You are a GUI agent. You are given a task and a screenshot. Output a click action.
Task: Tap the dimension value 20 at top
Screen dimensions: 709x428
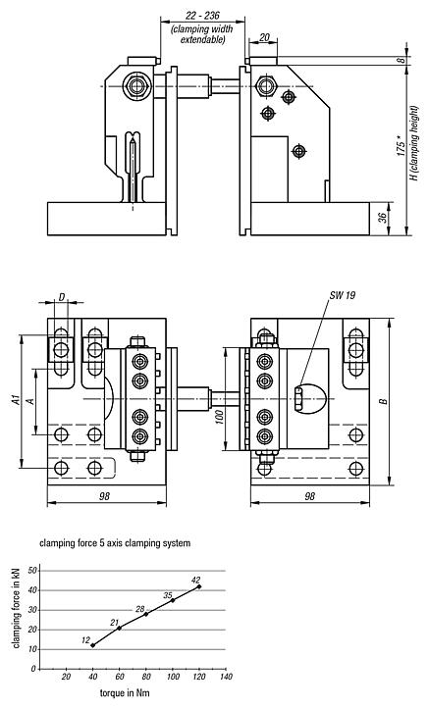[x=265, y=38]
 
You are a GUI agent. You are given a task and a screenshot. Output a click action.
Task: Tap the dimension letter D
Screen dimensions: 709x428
[x=62, y=296]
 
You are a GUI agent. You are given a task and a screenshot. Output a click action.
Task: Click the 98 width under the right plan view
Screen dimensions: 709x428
[x=308, y=497]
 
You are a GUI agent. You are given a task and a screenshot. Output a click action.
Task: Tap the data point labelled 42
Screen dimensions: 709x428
[x=199, y=586]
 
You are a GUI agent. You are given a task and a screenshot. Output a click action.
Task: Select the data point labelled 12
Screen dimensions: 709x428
[x=92, y=645]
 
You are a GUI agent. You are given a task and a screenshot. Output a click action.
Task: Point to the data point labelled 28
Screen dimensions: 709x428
[x=146, y=614]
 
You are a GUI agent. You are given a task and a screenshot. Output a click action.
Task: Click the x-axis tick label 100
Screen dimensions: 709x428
[x=172, y=679]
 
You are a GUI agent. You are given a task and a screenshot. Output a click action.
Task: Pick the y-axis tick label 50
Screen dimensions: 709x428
[x=32, y=570]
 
